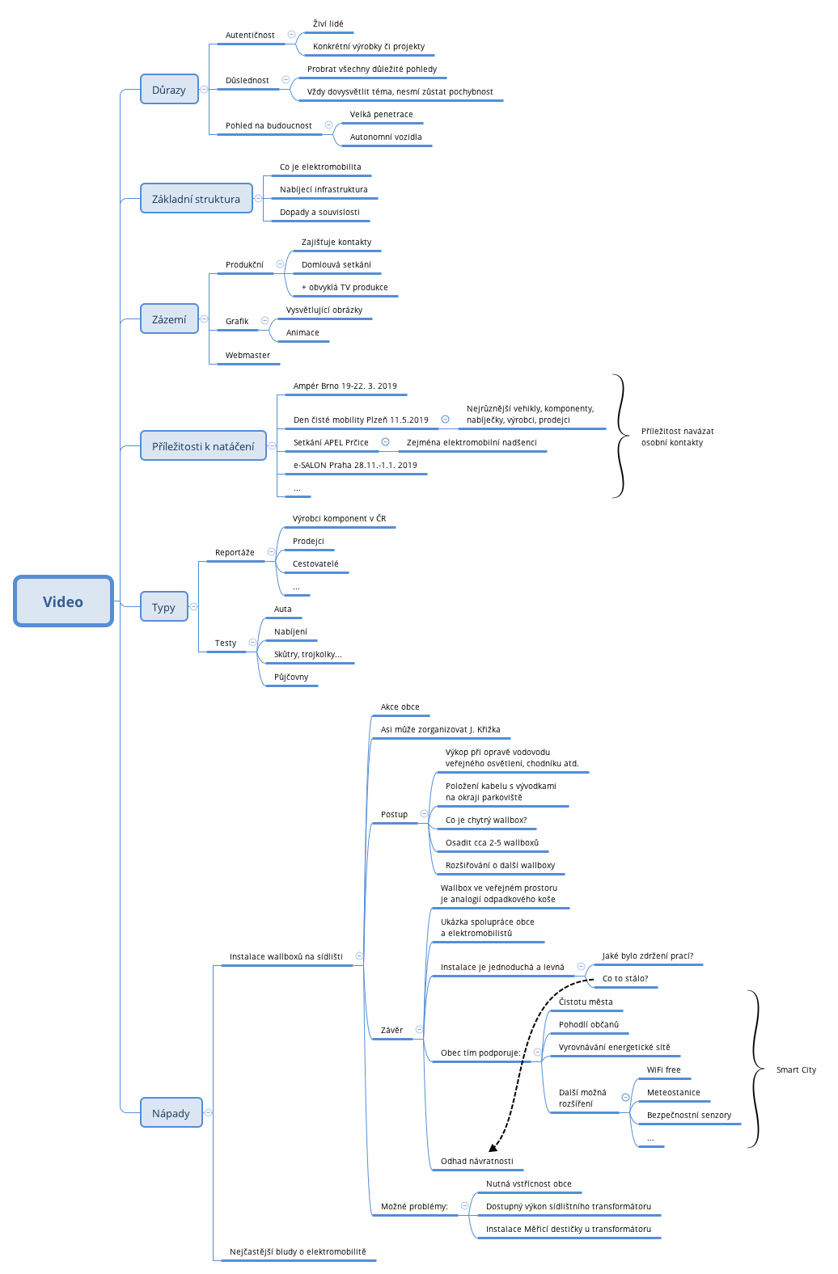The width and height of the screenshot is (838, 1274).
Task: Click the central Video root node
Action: point(63,601)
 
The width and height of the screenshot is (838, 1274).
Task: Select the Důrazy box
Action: point(169,90)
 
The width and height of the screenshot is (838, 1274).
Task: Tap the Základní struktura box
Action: point(196,199)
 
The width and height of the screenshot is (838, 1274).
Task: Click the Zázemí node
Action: point(169,319)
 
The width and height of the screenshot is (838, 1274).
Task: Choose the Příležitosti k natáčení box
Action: point(203,446)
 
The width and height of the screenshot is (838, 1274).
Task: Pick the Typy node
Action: point(163,607)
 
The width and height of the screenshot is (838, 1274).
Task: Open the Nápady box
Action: point(171,1113)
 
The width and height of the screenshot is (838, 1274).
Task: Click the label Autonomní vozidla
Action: point(386,137)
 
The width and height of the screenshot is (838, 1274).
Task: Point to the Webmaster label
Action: point(248,356)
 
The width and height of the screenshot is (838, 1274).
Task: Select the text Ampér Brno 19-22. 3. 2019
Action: point(345,386)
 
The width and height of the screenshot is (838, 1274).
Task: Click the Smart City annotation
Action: point(796,1070)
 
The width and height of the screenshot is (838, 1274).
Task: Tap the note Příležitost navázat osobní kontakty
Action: point(677,437)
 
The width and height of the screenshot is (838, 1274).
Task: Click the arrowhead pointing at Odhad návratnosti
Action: point(493,1147)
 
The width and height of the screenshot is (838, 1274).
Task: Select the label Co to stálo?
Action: point(625,979)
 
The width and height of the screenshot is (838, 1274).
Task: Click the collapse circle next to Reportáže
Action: point(271,552)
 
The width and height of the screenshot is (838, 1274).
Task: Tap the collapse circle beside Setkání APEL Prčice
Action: point(385,442)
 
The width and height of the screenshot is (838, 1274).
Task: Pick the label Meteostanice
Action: point(673,1093)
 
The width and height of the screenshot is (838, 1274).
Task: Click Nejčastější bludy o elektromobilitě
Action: point(298,1252)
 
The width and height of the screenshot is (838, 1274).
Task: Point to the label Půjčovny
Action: point(291,677)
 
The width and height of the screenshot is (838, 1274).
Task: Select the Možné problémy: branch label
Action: point(414,1207)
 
